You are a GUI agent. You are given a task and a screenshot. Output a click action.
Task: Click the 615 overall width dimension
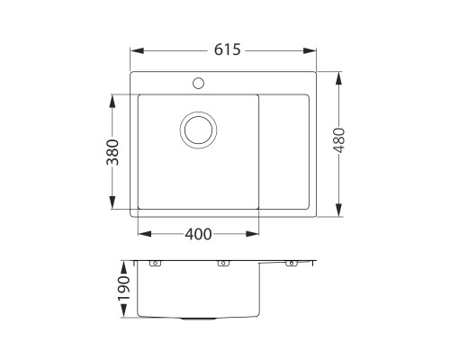point(225,51)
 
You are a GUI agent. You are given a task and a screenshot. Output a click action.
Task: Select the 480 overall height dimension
point(339,145)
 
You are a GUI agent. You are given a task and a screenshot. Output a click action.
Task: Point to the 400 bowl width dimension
point(198,235)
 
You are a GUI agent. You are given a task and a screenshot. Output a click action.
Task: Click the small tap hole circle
point(197,85)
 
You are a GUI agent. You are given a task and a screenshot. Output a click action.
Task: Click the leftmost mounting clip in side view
point(154,265)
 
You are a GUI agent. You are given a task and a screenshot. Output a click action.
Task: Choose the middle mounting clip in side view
point(221,265)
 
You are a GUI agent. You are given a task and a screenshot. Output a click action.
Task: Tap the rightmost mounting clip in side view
point(291,265)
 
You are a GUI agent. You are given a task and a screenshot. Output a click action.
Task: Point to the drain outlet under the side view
point(197,319)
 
